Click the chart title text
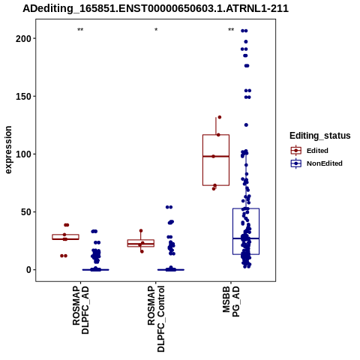[155, 9]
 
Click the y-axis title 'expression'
[8, 150]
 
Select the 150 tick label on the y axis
[23, 96]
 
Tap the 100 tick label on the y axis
[23, 154]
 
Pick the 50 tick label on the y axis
[26, 212]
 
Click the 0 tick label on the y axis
[29, 270]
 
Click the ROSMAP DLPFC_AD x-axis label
[81, 310]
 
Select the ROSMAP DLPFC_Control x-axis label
[156, 319]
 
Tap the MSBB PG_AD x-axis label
[231, 301]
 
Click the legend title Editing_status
[320, 136]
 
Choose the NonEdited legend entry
[316, 163]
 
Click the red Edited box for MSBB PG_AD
[216, 160]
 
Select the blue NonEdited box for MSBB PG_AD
[246, 231]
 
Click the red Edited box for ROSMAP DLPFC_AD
[65, 237]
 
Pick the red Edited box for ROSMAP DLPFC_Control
[141, 243]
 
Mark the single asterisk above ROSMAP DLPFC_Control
[156, 30]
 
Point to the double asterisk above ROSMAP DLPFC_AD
[80, 30]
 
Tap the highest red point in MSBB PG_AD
[220, 117]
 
